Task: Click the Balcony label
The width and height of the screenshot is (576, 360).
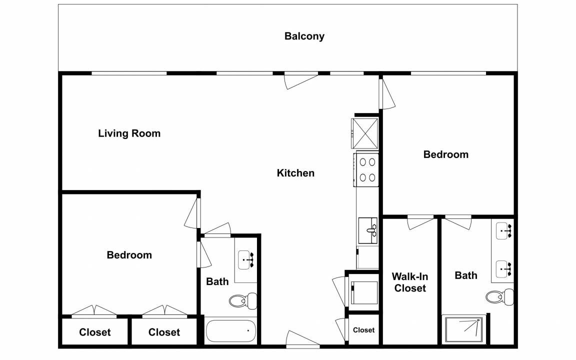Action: pos(304,36)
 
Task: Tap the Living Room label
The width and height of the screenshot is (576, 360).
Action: pos(129,133)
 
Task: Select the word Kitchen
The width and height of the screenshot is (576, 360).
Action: pos(295,173)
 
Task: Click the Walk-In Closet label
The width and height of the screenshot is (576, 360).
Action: pos(410,282)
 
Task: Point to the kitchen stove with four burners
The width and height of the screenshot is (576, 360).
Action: pos(366,169)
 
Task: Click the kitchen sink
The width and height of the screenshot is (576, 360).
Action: pos(367,230)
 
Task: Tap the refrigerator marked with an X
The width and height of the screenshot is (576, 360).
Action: pos(365,133)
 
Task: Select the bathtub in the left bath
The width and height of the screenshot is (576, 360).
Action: pos(230,331)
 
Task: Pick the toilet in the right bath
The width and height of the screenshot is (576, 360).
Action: pos(499,297)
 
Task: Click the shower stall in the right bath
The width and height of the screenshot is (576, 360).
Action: pos(464,329)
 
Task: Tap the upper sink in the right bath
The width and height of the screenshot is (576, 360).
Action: pos(504,230)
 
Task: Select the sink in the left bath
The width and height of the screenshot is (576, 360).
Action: pos(246,259)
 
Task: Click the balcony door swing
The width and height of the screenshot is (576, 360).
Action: pos(301,81)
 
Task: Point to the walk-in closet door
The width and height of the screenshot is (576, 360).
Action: pos(420,223)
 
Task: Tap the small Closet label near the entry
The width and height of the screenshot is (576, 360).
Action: pos(363,330)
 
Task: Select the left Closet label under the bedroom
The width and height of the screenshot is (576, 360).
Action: pos(95,332)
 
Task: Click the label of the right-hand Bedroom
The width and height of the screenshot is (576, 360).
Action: pos(446,154)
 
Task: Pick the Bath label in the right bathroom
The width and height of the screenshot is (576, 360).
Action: pos(466,275)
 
